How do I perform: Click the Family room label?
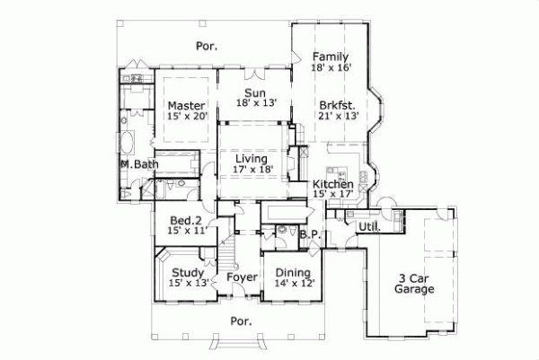tap(331, 56)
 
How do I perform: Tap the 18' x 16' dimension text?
tap(331, 68)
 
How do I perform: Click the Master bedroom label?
tap(187, 105)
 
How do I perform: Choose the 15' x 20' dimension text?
tap(187, 117)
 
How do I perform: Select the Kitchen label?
tap(332, 184)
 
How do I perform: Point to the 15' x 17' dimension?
tap(332, 196)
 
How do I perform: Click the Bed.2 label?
tap(188, 219)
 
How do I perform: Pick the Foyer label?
tap(242, 277)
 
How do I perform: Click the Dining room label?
tap(293, 273)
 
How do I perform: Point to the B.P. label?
tap(310, 236)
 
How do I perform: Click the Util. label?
tap(368, 228)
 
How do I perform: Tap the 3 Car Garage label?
tap(415, 284)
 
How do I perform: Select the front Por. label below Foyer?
tap(241, 320)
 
